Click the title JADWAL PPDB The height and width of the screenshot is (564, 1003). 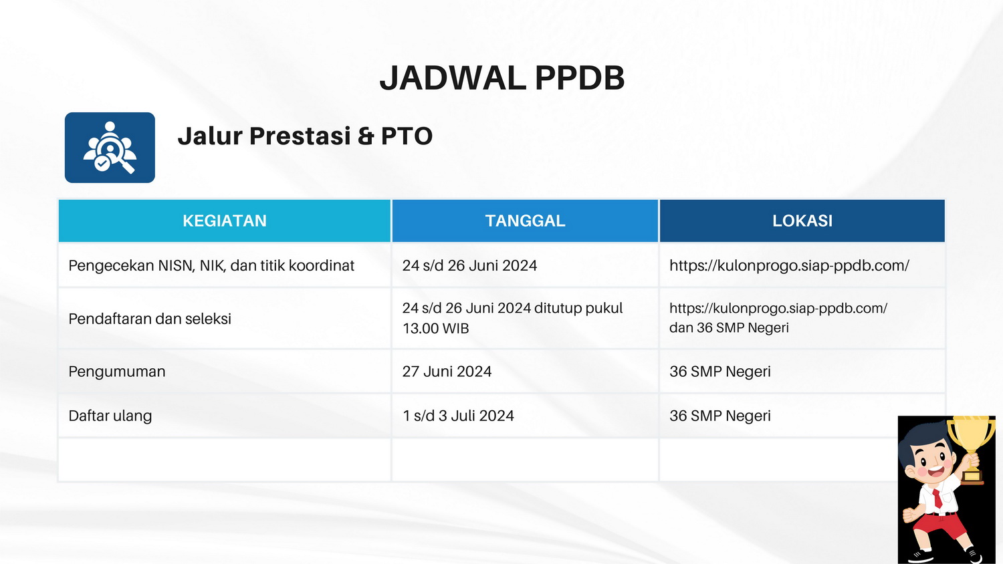tap(502, 78)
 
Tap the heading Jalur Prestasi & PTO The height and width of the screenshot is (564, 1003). tap(305, 136)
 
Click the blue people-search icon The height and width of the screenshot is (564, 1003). tap(110, 147)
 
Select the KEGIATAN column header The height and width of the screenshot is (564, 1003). tap(224, 221)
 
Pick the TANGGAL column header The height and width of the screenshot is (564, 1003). tap(525, 221)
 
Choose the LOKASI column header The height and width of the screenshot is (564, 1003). tap(802, 221)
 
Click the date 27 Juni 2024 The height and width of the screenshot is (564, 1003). tap(447, 372)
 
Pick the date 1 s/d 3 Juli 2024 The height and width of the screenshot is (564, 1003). tap(458, 416)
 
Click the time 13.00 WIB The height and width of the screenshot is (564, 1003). tap(436, 329)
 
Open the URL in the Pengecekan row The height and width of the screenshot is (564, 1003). tap(790, 265)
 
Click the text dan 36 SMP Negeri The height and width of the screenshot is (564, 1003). tap(729, 327)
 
